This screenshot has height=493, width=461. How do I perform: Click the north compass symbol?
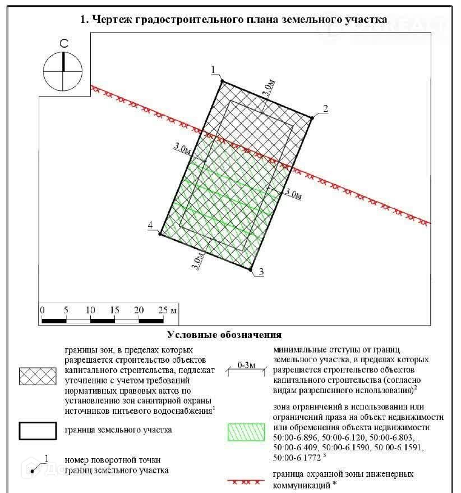63,71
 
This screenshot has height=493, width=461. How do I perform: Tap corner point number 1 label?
214,70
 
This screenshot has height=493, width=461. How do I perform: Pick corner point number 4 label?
150,226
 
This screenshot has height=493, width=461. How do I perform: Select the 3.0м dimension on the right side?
293,194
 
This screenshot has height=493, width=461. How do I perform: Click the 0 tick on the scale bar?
42,311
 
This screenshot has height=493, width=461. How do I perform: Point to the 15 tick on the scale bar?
114,311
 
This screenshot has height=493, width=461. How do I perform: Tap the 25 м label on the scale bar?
167,311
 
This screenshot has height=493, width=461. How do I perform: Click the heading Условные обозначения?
224,335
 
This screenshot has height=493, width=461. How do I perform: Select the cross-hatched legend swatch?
38,377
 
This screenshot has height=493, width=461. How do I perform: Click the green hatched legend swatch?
245,431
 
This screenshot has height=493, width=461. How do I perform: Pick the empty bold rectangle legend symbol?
38,430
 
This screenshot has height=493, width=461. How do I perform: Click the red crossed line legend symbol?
245,482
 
